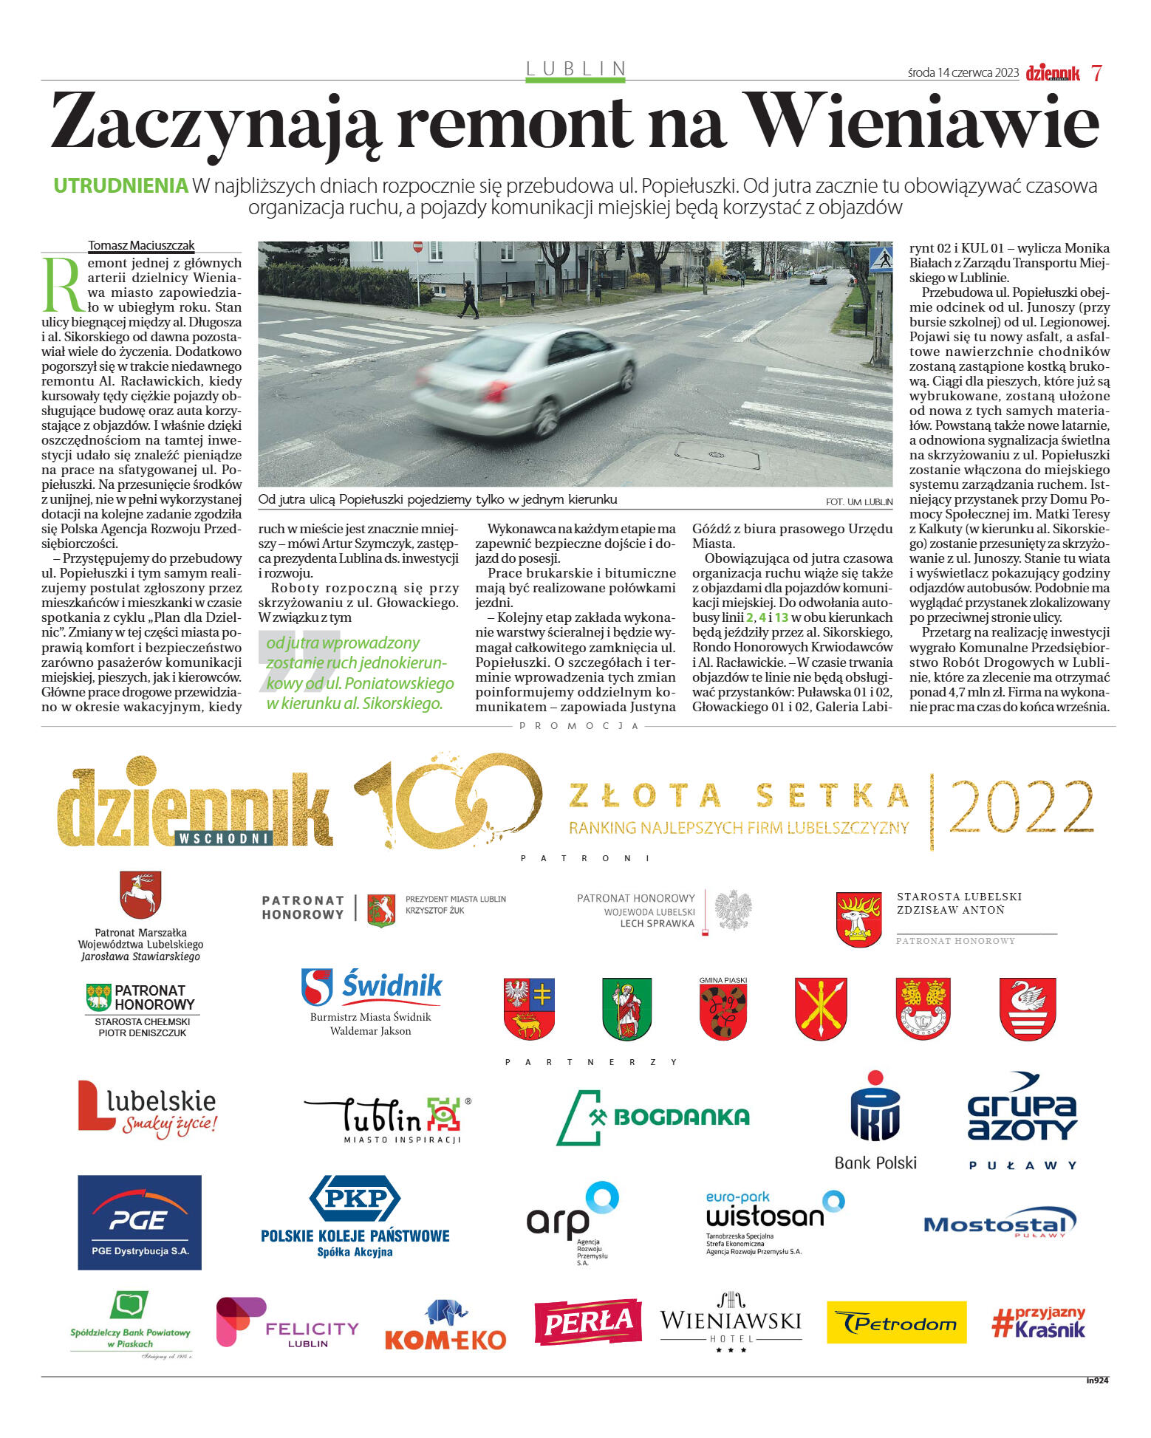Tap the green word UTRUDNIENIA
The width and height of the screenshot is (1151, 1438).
[120, 186]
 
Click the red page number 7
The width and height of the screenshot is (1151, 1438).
[1096, 73]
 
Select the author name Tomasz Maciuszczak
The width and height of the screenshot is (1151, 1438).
[141, 245]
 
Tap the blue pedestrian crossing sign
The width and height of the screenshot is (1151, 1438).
[881, 259]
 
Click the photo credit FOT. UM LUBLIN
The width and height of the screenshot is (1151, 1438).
[858, 502]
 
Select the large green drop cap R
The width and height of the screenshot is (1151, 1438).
[63, 284]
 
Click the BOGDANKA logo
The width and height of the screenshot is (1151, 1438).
[653, 1117]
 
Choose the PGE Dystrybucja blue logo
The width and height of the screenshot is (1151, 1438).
[140, 1222]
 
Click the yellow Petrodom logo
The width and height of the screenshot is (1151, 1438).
[896, 1322]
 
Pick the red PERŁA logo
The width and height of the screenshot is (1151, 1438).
[587, 1321]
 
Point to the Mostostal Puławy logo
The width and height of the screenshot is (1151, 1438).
[1000, 1225]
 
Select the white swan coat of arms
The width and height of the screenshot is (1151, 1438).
[1028, 1008]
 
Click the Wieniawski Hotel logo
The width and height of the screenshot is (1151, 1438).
[731, 1322]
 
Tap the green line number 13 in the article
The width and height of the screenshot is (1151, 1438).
[781, 617]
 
